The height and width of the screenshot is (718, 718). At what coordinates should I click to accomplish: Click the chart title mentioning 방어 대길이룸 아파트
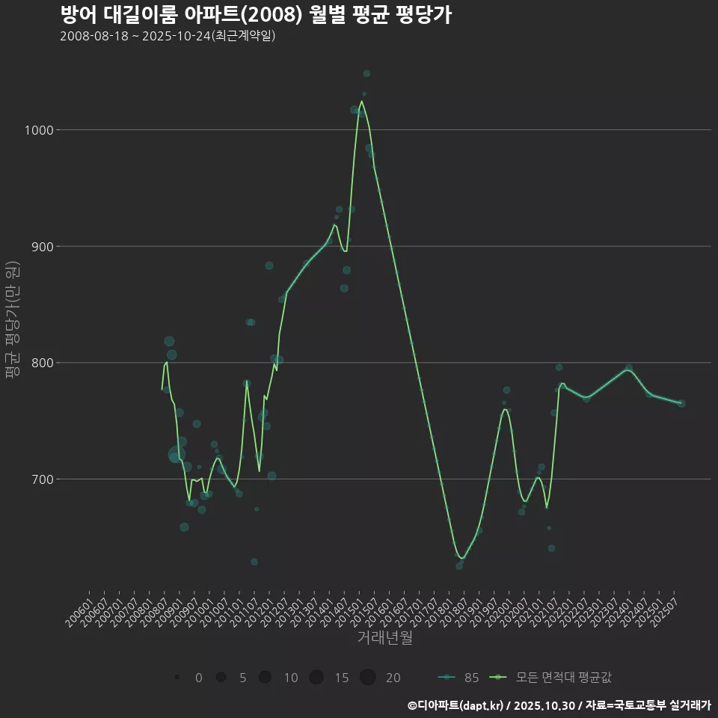(255, 15)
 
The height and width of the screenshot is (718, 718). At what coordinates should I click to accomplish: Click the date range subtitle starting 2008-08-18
(168, 36)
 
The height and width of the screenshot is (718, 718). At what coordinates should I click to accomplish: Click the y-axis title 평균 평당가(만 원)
(12, 321)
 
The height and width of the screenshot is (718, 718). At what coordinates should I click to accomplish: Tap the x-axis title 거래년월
(384, 637)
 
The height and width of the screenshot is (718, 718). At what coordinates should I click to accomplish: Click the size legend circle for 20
(367, 678)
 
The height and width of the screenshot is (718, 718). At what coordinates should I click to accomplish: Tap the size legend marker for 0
(177, 678)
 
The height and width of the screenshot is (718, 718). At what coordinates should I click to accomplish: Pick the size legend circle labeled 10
(265, 678)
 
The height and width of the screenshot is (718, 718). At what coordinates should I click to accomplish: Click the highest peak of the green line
(362, 101)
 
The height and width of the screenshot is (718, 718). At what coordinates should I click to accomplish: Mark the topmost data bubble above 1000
(366, 73)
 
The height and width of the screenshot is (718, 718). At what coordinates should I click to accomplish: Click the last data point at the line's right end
(681, 404)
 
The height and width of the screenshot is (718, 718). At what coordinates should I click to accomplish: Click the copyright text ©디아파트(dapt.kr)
(457, 705)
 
